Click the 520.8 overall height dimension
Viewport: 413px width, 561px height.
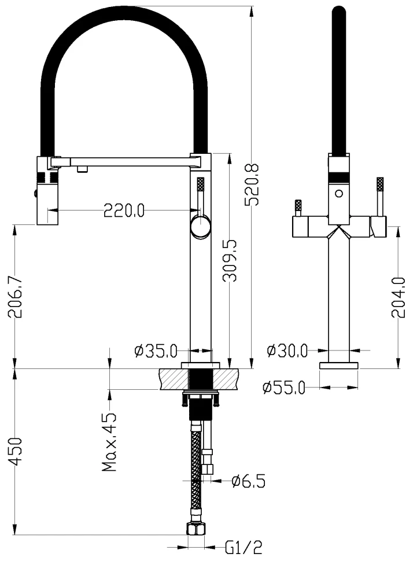click(252, 184)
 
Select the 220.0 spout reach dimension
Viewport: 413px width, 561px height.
click(124, 210)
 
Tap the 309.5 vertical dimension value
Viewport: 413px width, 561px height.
click(230, 260)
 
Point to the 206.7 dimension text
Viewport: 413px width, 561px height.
click(15, 297)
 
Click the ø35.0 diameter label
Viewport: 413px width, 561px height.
click(156, 351)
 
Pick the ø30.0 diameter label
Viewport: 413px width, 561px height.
click(287, 350)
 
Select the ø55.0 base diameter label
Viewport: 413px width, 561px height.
click(284, 387)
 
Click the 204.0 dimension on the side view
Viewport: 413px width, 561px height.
click(399, 297)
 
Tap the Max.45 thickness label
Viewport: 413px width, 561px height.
click(109, 442)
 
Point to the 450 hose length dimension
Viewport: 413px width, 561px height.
click(16, 452)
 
